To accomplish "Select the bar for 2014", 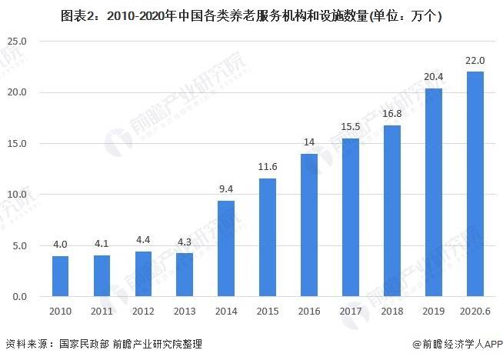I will [225, 248].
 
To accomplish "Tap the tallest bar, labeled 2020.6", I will [475, 184].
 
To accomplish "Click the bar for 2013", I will [184, 275].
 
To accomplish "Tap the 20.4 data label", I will [434, 78].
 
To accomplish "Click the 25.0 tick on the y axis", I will [17, 41].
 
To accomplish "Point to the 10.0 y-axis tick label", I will [17, 195].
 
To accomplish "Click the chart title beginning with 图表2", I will [251, 15].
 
